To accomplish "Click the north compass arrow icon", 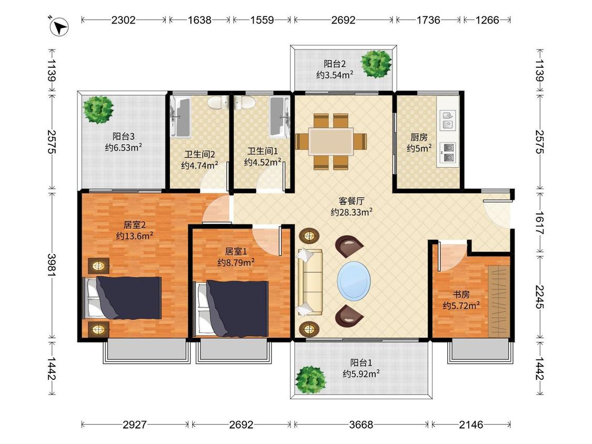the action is (x=59, y=26).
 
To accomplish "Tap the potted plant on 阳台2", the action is (x=376, y=64).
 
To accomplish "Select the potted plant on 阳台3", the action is (x=98, y=110).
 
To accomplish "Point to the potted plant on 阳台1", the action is (x=310, y=379).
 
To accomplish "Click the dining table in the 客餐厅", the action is (x=331, y=142).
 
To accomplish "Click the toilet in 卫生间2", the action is (x=218, y=102).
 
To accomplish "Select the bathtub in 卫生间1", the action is (x=280, y=117).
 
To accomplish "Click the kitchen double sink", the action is (x=448, y=120).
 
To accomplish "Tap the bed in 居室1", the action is (x=231, y=308).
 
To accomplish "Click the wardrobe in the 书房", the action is (x=498, y=301).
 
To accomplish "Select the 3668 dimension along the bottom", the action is (x=361, y=425).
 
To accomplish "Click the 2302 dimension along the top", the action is (x=123, y=19).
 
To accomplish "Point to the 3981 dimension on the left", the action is (x=52, y=264).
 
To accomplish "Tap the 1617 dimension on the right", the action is (x=540, y=223).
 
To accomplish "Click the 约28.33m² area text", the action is (x=352, y=212).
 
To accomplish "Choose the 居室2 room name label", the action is (x=134, y=225).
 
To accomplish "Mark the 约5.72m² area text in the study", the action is (x=461, y=305).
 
